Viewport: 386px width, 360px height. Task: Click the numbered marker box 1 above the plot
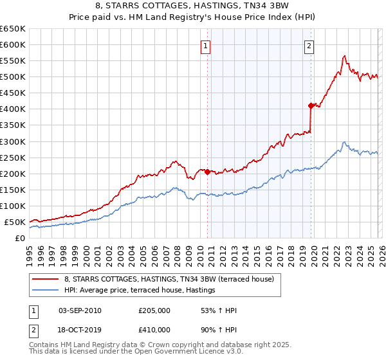(205, 46)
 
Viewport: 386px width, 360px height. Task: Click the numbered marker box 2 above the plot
(309, 46)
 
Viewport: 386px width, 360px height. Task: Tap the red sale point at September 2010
(207, 172)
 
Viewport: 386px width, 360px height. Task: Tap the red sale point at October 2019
(311, 105)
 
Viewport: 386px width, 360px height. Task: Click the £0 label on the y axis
(19, 238)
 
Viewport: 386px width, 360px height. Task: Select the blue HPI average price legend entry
(140, 291)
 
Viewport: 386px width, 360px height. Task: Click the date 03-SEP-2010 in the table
(79, 310)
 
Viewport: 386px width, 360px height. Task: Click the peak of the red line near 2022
(345, 56)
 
